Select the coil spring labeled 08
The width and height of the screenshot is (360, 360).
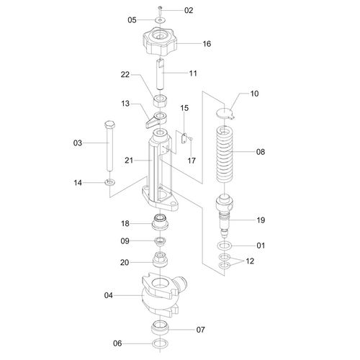(x=225, y=155)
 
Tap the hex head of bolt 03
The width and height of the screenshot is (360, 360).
(x=110, y=125)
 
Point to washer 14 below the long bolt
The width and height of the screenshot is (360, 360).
(x=110, y=182)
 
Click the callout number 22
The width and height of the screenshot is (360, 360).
(x=125, y=75)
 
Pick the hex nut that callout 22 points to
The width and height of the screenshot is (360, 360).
(x=161, y=101)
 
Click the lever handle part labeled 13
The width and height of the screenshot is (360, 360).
(x=156, y=119)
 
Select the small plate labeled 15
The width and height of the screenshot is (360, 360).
(x=184, y=138)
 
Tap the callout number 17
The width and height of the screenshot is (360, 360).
(x=192, y=161)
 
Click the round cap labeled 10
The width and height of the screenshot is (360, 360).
(x=225, y=113)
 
